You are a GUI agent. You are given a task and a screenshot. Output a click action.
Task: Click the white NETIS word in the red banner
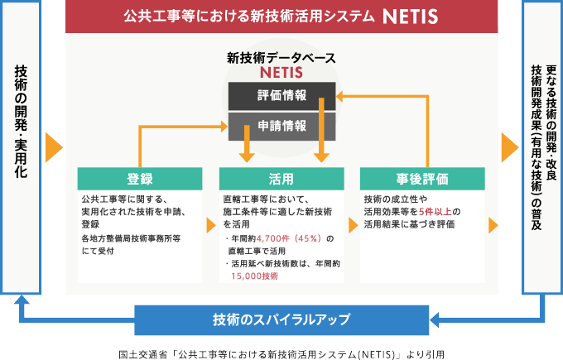point(411,17)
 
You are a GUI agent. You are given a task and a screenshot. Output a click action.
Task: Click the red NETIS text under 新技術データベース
point(281,73)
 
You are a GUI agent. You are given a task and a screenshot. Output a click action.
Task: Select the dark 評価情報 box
point(281,96)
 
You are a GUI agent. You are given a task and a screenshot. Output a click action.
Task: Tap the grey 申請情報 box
point(281,127)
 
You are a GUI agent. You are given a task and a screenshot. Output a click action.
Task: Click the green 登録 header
point(140,179)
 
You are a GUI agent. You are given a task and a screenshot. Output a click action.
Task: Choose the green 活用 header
point(281,179)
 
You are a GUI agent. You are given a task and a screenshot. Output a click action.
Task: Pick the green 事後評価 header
point(422,179)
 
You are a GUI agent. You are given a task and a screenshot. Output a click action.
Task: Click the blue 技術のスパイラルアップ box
point(281,319)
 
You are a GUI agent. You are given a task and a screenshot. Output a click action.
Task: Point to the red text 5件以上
point(435,212)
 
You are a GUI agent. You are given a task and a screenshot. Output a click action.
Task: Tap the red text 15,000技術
point(254,276)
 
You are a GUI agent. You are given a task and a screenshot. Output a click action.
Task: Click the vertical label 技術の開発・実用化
point(21,122)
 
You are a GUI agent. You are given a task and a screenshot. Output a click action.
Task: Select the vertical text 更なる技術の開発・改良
point(551,122)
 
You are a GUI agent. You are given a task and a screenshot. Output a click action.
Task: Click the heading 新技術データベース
point(281,58)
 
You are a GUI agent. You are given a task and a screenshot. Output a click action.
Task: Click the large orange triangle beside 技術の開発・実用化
point(54,147)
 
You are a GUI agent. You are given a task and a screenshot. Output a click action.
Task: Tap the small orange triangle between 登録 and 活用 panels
point(211,225)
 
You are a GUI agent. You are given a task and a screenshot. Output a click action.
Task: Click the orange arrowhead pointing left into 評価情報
point(339,96)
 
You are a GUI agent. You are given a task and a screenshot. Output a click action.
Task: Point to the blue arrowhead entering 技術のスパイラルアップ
point(434,319)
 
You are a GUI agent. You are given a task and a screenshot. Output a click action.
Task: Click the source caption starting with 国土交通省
point(281,354)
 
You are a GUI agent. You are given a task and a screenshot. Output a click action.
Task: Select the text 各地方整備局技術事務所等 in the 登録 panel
point(131,238)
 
